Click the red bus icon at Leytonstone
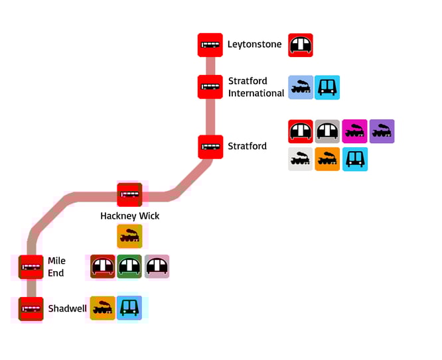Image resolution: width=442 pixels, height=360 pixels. pos(210,45)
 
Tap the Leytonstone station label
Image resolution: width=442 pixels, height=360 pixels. pos(254,45)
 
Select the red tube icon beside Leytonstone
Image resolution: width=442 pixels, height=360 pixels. pos(301,45)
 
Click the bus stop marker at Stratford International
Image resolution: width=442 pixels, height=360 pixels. pos(210,87)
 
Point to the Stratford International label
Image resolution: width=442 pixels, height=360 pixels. pos(256,87)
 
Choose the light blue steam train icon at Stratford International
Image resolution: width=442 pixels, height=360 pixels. pos(301,87)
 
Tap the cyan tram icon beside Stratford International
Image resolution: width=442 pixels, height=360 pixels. pos(327,87)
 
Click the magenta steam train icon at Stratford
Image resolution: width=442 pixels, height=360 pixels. pos(354,131)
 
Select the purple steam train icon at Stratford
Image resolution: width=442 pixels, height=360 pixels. pos(382,131)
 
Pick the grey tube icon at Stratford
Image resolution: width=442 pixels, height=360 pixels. pos(327,131)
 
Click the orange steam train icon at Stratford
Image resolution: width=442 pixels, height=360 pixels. pos(327,159)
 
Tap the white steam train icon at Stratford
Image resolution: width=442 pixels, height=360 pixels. pos(301,159)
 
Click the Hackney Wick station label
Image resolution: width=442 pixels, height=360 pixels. pos(130,216)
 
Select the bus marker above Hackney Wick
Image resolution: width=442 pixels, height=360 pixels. pos(130,195)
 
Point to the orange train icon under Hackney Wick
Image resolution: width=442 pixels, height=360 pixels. pos(130,236)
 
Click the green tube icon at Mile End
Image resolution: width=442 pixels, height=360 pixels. pos(130,267)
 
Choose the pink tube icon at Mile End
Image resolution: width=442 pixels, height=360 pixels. pos(157,267)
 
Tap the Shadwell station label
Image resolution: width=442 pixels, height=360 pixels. pos(67,308)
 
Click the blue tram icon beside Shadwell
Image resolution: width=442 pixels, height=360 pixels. pos(129,308)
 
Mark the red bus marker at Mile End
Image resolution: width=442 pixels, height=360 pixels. pos(31,267)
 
